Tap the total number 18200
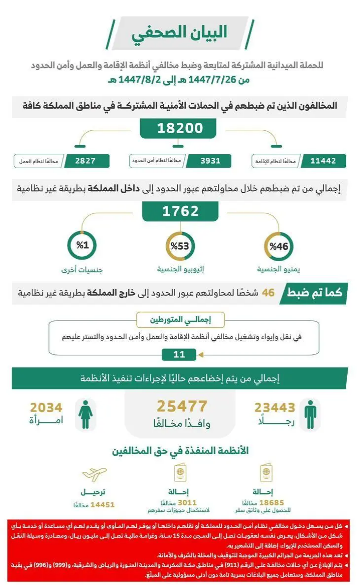pyautogui.click(x=180, y=129)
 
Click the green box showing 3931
pyautogui.click(x=203, y=161)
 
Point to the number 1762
pyautogui.click(x=180, y=211)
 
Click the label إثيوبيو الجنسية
pyautogui.click(x=180, y=270)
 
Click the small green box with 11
pyautogui.click(x=180, y=354)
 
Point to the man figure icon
pyautogui.click(x=310, y=415)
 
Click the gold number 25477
pyautogui.click(x=182, y=407)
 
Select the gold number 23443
pyautogui.click(x=275, y=407)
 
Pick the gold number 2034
pyautogui.click(x=46, y=407)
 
